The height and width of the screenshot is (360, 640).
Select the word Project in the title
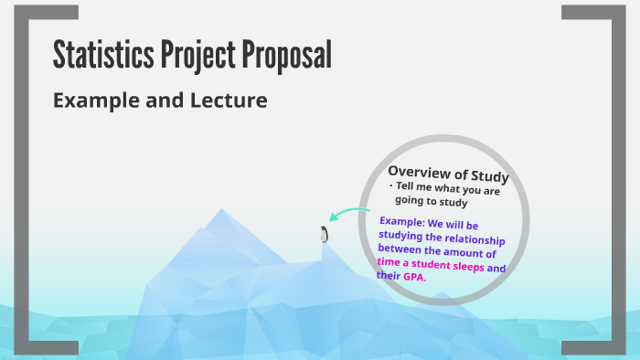194,57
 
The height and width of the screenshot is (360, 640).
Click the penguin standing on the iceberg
324,235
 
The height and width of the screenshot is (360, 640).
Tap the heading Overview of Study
448,174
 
